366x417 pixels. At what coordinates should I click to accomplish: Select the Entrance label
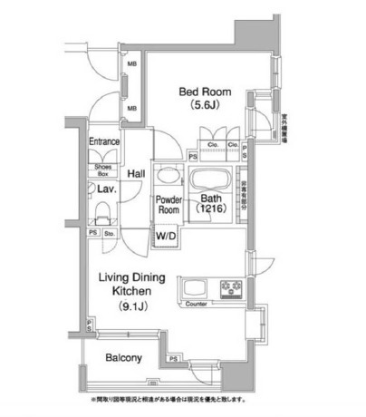[x=106, y=141]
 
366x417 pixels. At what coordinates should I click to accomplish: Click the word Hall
[x=137, y=173]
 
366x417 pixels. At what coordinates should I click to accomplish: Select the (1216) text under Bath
[x=214, y=208]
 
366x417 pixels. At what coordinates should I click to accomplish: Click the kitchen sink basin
[x=197, y=289]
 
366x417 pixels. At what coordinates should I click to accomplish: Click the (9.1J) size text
[x=132, y=307]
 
